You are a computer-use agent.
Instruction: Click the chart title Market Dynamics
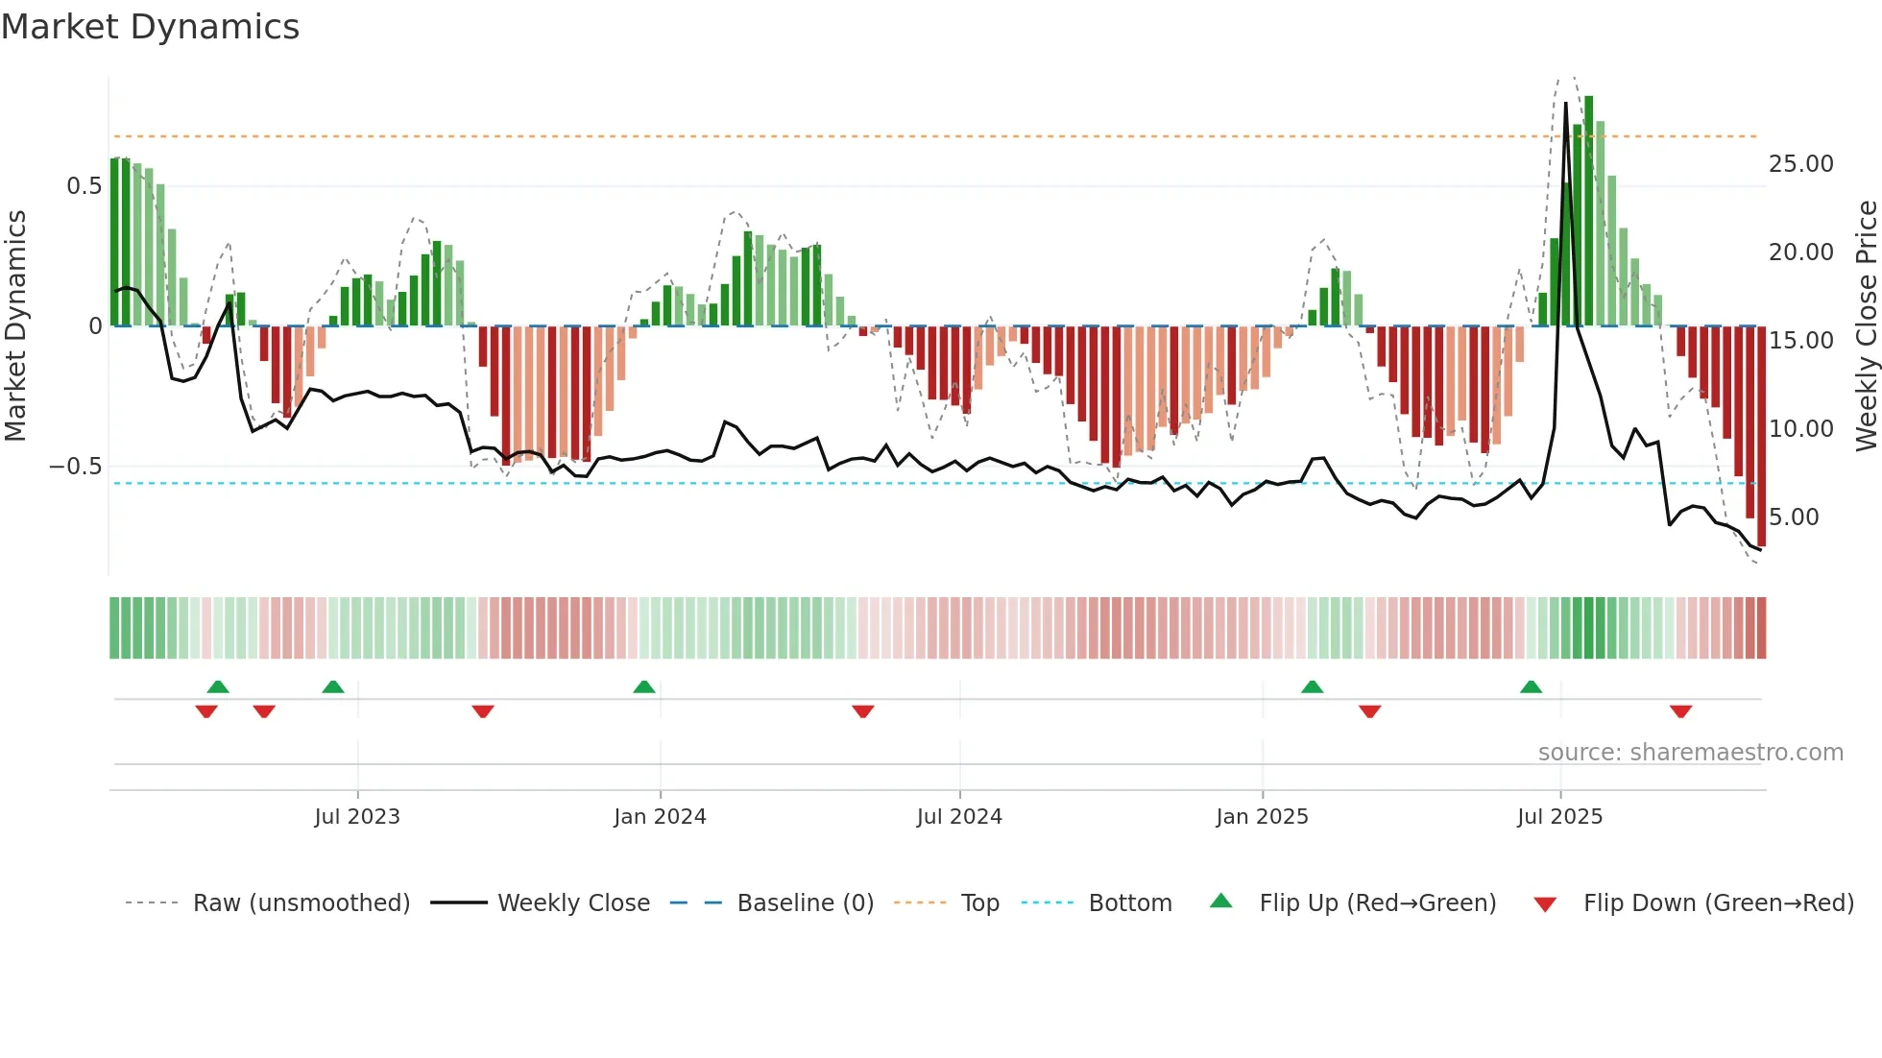tap(150, 27)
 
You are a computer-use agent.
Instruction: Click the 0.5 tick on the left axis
tap(84, 186)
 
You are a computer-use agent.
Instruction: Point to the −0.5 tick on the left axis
tap(76, 467)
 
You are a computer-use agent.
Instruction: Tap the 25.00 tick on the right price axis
tap(1800, 164)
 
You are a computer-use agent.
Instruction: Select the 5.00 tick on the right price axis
tap(1794, 517)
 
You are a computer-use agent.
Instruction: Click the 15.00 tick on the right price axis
tap(1800, 341)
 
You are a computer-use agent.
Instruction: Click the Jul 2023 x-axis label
tap(357, 817)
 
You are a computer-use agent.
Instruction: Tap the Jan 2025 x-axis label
tap(1262, 817)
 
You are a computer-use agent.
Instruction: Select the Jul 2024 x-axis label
tap(959, 817)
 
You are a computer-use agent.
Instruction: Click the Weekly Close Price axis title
tap(1866, 326)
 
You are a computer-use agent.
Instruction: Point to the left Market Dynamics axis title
tap(16, 326)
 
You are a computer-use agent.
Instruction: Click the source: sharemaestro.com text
tap(1690, 753)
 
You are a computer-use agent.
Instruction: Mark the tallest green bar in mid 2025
tap(1588, 211)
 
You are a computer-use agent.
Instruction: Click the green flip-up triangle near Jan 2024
tap(644, 687)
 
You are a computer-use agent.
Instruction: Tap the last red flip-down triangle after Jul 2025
tap(1680, 711)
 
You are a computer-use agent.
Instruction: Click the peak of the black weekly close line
tap(1566, 104)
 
